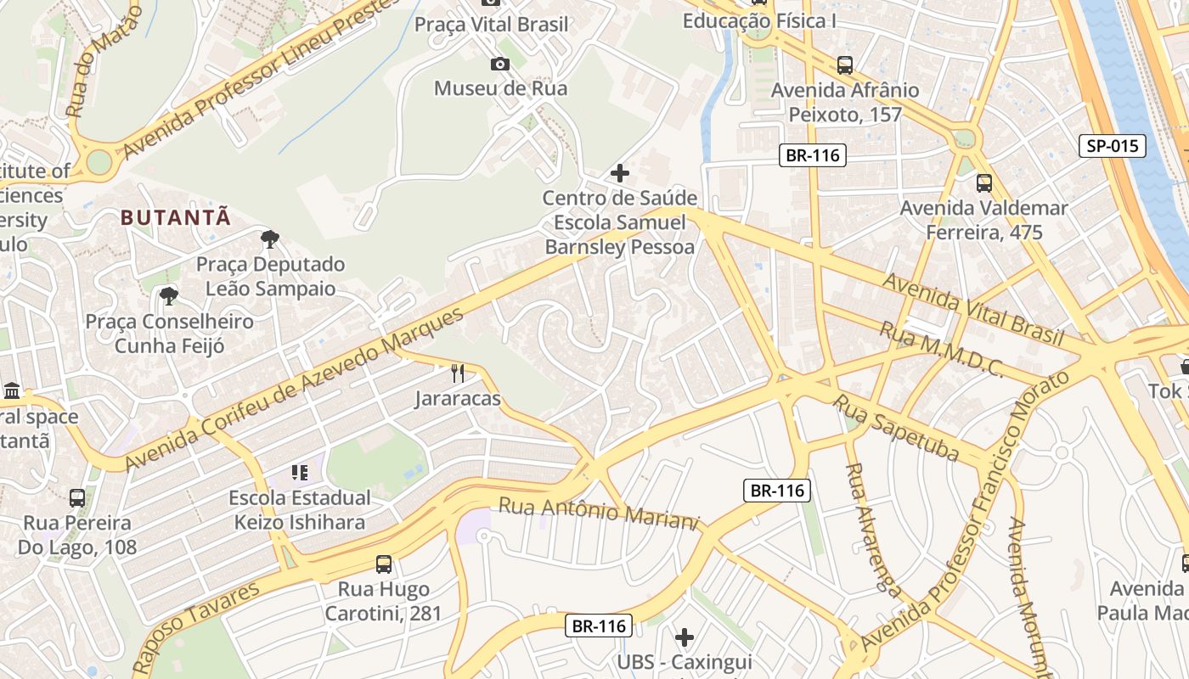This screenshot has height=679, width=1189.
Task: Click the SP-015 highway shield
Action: click(x=1112, y=146)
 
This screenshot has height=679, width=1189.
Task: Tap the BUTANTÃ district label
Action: click(x=176, y=217)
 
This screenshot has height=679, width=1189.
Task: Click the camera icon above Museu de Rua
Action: click(x=500, y=64)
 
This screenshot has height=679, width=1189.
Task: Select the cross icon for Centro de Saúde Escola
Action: click(x=620, y=173)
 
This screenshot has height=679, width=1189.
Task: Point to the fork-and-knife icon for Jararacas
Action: click(x=458, y=373)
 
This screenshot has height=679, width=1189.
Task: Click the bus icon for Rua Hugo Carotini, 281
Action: click(x=384, y=564)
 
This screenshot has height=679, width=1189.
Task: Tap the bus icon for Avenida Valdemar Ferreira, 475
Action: click(x=983, y=182)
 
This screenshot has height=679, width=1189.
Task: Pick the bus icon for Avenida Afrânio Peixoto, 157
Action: click(x=844, y=65)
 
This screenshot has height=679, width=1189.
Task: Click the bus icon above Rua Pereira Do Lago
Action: click(x=77, y=497)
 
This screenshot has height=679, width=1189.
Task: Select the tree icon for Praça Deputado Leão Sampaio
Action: click(x=270, y=239)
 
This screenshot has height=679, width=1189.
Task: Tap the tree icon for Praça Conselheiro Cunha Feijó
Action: click(x=169, y=296)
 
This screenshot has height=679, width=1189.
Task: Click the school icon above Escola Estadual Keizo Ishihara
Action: click(x=299, y=472)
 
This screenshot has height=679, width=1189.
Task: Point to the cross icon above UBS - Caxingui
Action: click(x=685, y=637)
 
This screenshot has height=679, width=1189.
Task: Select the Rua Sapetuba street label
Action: click(x=895, y=428)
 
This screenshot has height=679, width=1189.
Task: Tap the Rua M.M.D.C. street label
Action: click(x=941, y=349)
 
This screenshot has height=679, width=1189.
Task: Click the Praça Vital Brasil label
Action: click(x=491, y=25)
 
